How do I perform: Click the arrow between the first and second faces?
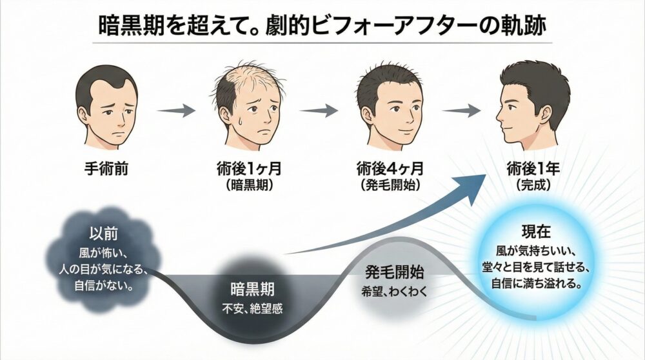[x=176, y=111]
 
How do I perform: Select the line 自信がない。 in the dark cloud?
[x=103, y=283]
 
